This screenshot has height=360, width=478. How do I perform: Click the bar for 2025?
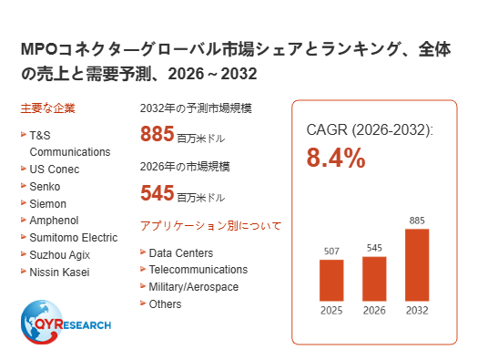(x=331, y=281)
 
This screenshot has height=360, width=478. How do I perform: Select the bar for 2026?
(x=374, y=279)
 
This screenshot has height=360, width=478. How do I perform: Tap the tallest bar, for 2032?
(x=417, y=265)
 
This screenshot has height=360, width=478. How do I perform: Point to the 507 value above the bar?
(x=331, y=251)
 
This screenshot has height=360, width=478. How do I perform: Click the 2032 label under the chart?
(x=417, y=311)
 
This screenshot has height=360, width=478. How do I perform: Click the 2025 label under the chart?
(x=331, y=311)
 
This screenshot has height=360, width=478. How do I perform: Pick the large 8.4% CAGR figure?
(x=336, y=158)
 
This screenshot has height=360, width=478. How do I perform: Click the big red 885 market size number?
(x=157, y=134)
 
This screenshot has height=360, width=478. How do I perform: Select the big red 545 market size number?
(x=157, y=193)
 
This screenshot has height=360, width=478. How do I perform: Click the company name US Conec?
(x=55, y=170)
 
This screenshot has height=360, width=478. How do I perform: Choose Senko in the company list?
(x=45, y=187)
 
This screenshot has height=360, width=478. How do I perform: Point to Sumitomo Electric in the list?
(x=74, y=238)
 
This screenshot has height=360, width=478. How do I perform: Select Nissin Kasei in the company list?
(x=59, y=273)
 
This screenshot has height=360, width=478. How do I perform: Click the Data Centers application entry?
(x=181, y=253)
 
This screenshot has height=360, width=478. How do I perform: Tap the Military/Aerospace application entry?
(x=194, y=287)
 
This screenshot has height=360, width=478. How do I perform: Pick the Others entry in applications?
(x=165, y=304)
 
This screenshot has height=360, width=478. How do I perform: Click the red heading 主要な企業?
(x=48, y=108)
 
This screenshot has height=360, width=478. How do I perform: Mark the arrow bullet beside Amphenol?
(x=24, y=220)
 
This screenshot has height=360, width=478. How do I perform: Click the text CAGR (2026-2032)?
(x=370, y=130)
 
